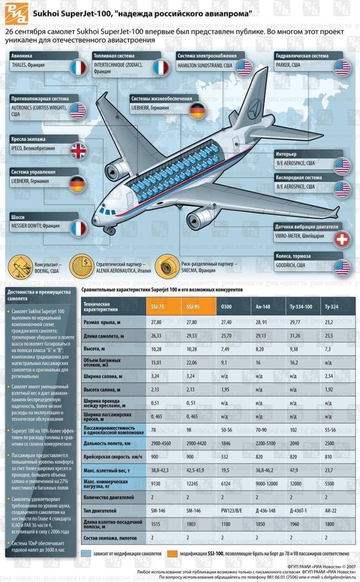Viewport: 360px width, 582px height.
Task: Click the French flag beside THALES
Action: pyautogui.click(x=78, y=68)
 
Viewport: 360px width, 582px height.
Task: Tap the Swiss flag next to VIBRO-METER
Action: pyautogui.click(x=342, y=239)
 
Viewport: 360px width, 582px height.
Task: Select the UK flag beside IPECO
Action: pyautogui.click(x=78, y=151)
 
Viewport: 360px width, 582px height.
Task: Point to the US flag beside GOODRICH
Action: pyautogui.click(x=342, y=268)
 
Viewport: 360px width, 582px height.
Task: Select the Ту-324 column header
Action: pyautogui.click(x=331, y=307)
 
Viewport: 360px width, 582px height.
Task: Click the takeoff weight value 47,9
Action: pyautogui.click(x=294, y=471)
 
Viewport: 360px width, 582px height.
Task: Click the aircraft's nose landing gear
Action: pyautogui.click(x=109, y=229)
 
